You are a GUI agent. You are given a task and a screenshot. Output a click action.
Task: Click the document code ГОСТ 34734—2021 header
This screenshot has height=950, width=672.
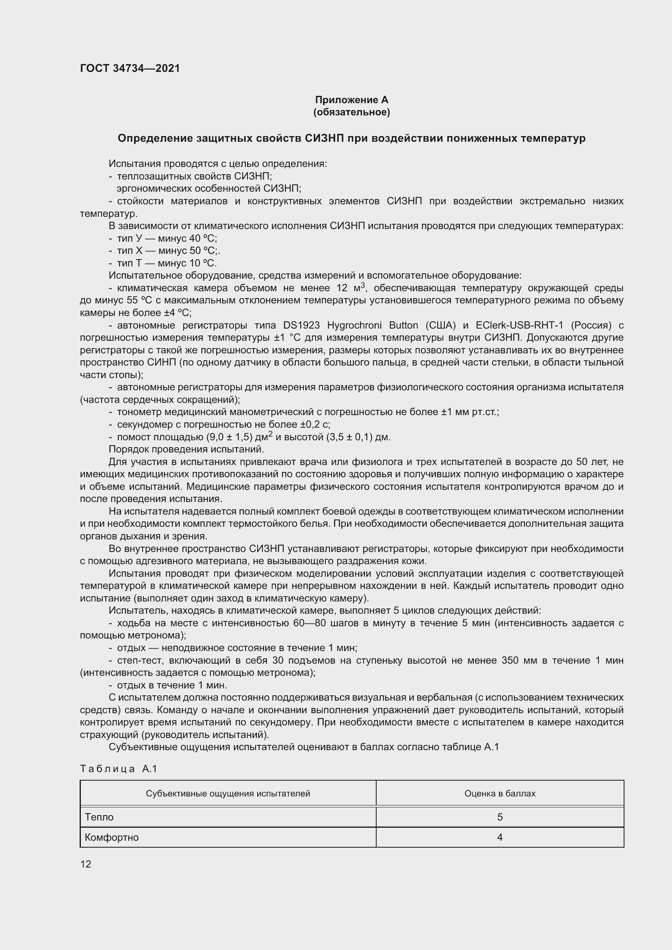[130, 68]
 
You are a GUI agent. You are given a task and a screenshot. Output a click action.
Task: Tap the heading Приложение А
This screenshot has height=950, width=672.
[351, 100]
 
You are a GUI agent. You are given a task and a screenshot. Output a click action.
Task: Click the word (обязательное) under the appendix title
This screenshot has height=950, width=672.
[351, 112]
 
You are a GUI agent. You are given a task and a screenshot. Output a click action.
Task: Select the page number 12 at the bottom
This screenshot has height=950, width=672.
[86, 864]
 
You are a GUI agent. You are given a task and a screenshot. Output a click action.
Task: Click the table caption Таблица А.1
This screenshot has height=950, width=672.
[119, 769]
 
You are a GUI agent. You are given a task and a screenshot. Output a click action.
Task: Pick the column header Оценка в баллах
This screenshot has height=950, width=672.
[499, 794]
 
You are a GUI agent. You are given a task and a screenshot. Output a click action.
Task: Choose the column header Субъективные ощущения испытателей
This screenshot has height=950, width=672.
[228, 794]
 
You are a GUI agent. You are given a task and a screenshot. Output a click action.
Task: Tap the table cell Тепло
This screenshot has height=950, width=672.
[99, 817]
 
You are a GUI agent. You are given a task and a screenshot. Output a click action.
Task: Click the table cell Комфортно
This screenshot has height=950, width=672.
[112, 837]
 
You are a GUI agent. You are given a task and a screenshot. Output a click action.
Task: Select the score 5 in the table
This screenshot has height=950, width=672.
[499, 817]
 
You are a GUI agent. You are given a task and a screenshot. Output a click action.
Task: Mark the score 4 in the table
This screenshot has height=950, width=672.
[499, 837]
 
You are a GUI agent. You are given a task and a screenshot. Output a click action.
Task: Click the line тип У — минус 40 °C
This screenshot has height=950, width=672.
[167, 238]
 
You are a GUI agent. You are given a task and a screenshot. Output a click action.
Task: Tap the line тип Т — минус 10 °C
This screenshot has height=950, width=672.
[167, 263]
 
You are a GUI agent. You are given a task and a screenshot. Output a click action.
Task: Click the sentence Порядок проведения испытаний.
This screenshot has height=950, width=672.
[186, 449]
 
